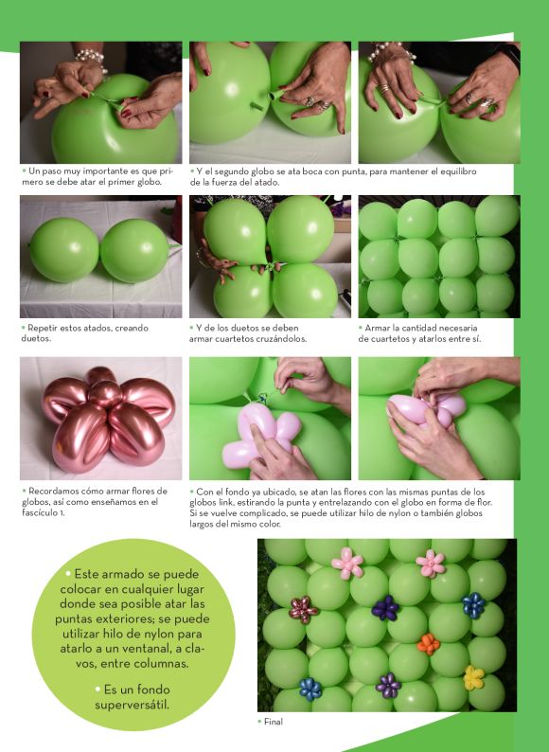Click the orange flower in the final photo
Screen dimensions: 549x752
pyautogui.click(x=428, y=644)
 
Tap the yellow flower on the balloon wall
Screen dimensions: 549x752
pyautogui.click(x=473, y=678)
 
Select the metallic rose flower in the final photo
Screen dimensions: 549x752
pyautogui.click(x=303, y=610)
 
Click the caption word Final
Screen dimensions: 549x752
pyautogui.click(x=274, y=722)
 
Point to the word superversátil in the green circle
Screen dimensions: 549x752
pyautogui.click(x=132, y=705)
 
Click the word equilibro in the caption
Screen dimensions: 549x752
pyautogui.click(x=458, y=171)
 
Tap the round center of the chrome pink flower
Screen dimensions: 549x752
pyautogui.click(x=105, y=393)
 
